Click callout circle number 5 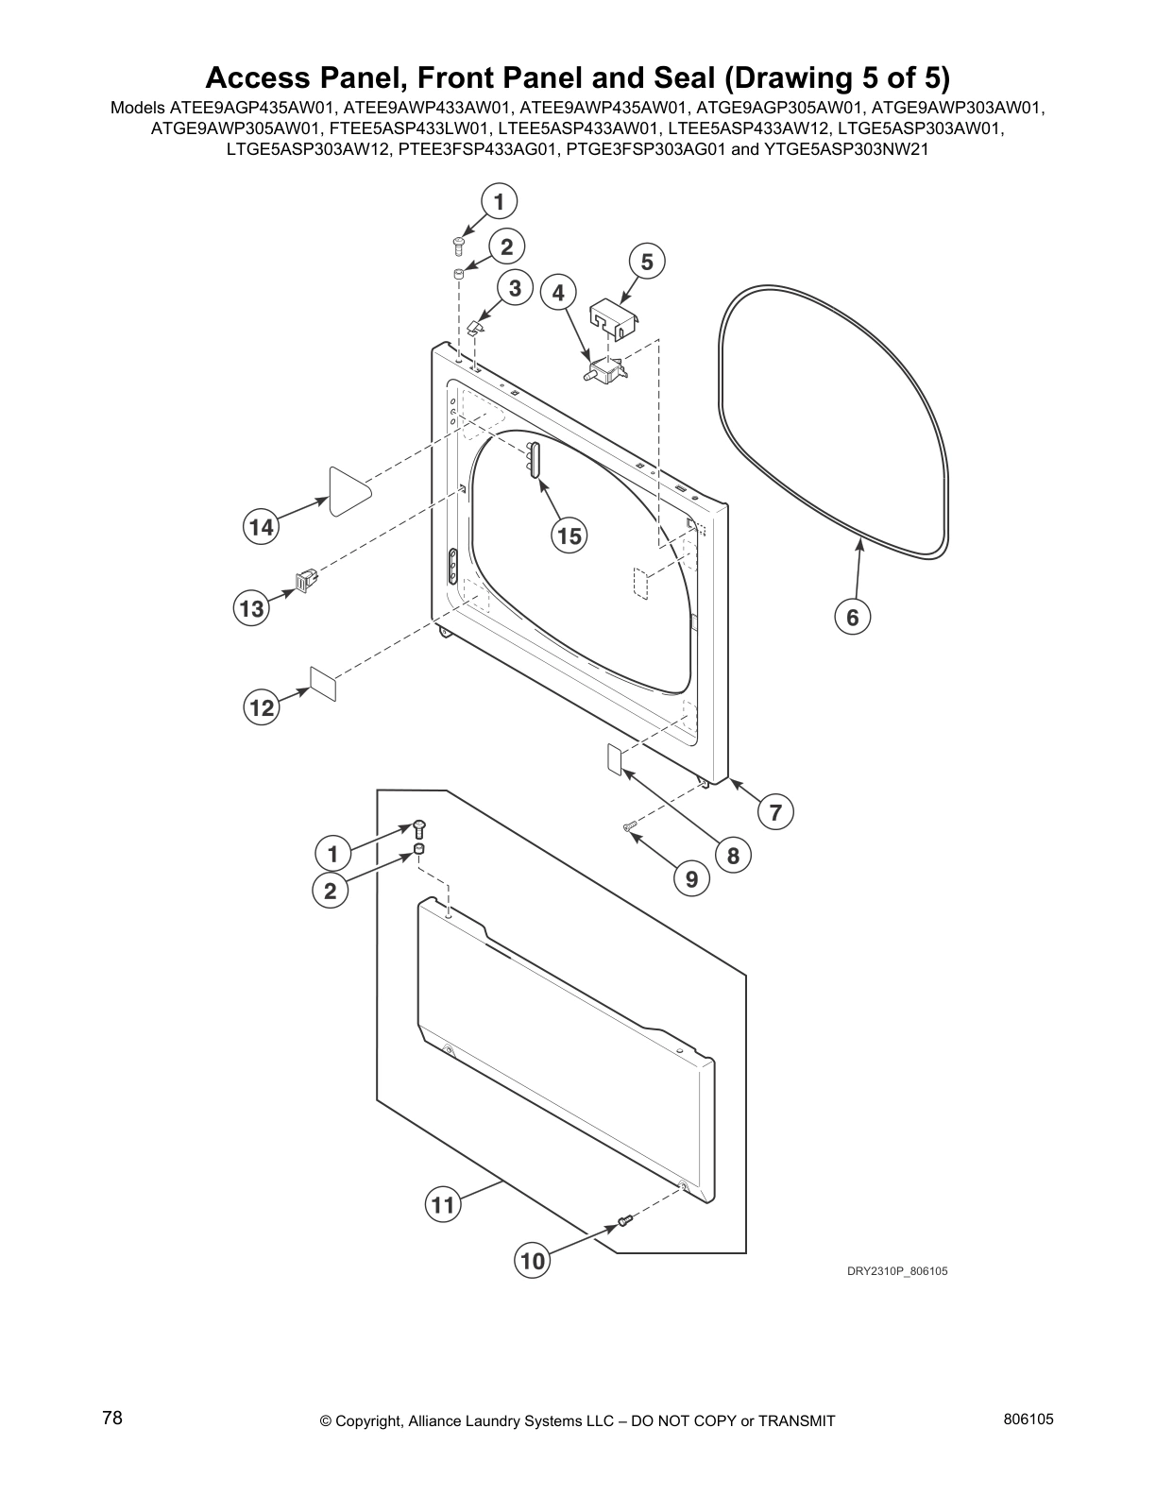pyautogui.click(x=647, y=262)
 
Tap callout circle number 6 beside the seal pyautogui.click(x=852, y=618)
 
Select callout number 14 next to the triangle pyautogui.click(x=262, y=527)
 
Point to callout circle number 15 pyautogui.click(x=569, y=536)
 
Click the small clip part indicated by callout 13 pyautogui.click(x=306, y=579)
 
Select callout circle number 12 pyautogui.click(x=262, y=707)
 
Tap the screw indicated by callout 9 pyautogui.click(x=630, y=828)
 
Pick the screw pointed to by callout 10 pyautogui.click(x=623, y=1223)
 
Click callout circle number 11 pyautogui.click(x=442, y=1205)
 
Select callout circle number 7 pyautogui.click(x=775, y=811)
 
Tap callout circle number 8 pyautogui.click(x=733, y=857)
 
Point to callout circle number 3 pyautogui.click(x=515, y=288)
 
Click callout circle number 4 pyautogui.click(x=559, y=293)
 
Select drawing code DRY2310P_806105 pyautogui.click(x=896, y=1271)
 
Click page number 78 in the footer pyautogui.click(x=112, y=1418)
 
